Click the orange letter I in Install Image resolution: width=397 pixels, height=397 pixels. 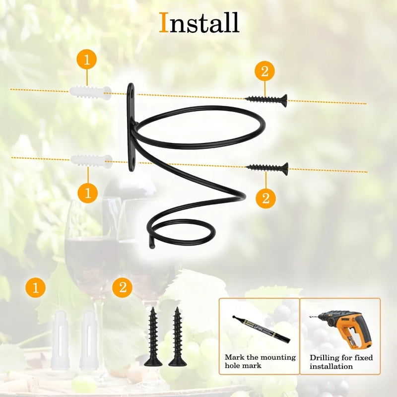tap(164, 22)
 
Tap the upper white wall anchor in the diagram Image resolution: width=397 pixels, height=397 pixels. tap(90, 93)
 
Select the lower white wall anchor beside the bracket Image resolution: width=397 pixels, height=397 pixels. tap(91, 161)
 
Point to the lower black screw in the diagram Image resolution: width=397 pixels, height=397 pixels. tap(267, 168)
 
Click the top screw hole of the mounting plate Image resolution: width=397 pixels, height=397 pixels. tap(132, 96)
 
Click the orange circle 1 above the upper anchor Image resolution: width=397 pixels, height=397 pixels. tap(86, 59)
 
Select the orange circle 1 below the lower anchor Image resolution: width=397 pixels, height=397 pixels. tap(88, 193)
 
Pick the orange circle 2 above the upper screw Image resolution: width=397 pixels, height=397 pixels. tap(265, 71)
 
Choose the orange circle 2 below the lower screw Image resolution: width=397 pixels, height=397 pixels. tap(266, 198)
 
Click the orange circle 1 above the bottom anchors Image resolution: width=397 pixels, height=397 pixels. tap(35, 287)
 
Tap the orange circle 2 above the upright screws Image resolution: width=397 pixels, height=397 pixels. tap(122, 287)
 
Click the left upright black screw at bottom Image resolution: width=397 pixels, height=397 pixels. tap(153, 337)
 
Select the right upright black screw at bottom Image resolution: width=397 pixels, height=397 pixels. tap(178, 337)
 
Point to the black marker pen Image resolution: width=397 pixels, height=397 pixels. tap(262, 329)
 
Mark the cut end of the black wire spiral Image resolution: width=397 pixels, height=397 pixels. tap(152, 246)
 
